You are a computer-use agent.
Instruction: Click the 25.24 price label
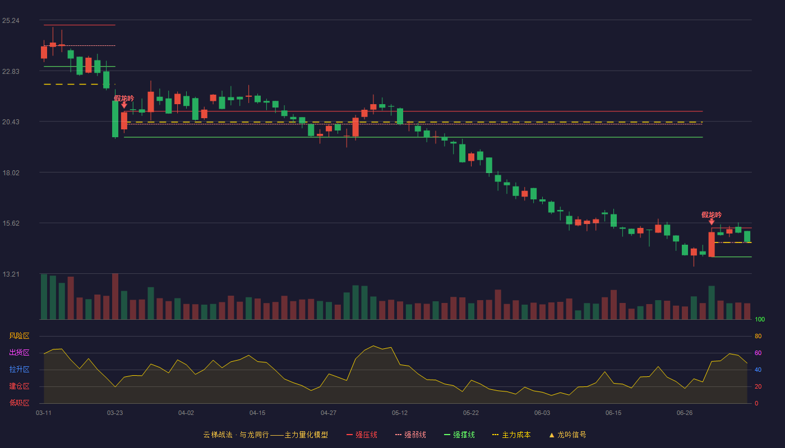[11, 21]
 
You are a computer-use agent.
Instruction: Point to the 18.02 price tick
[11, 173]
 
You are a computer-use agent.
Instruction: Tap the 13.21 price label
[11, 274]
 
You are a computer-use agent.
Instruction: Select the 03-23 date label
[115, 413]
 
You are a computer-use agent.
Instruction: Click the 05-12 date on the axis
[399, 413]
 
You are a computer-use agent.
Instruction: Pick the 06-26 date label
[685, 413]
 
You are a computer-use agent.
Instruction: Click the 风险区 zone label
[19, 336]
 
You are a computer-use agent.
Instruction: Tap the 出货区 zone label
[19, 352]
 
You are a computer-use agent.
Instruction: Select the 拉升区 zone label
[19, 369]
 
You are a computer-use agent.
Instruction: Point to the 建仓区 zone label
[19, 386]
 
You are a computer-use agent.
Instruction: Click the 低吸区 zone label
[19, 403]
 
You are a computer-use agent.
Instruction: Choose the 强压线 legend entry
[362, 435]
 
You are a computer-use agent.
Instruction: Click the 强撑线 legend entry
[459, 435]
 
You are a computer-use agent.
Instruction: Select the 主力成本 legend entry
[511, 435]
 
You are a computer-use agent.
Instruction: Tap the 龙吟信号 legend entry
[567, 435]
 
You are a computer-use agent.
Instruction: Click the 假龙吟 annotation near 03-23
[124, 99]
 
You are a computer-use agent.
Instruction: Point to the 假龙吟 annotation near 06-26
[712, 215]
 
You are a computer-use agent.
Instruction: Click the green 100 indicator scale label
[760, 319]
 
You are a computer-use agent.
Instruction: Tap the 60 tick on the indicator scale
[758, 353]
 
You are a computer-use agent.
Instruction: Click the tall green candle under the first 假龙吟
[116, 119]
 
